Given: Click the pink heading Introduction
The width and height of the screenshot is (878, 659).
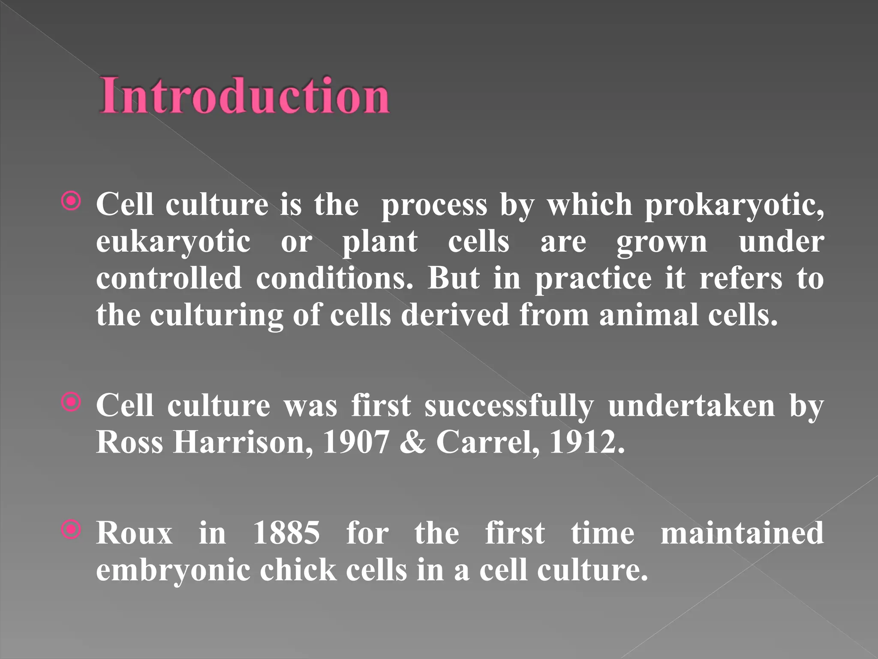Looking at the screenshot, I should pos(244,95).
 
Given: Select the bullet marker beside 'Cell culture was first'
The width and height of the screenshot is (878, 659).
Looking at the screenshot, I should pos(71,402).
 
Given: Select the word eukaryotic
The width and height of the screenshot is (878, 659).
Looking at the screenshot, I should pos(173,242).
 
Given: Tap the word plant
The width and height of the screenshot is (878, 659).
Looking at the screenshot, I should pos(380,242).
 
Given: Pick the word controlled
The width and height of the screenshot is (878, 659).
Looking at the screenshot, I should pos(169,278).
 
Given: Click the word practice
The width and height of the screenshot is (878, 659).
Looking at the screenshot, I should pos(593,279).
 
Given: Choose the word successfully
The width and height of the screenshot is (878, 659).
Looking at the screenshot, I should pos(509,406).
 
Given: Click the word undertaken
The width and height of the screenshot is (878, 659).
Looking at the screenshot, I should pos(691,406).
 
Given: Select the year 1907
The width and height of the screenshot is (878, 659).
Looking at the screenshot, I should pos(356,442).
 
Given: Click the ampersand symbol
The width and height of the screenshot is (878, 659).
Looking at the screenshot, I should pos(412,443).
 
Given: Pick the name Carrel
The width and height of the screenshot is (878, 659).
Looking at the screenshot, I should pos(488,443).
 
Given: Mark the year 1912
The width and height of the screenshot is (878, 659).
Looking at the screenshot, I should pos(586,442).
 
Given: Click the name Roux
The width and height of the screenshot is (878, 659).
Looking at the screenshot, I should pos(134,533).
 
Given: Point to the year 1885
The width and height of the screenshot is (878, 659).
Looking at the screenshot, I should pos(286,533).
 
